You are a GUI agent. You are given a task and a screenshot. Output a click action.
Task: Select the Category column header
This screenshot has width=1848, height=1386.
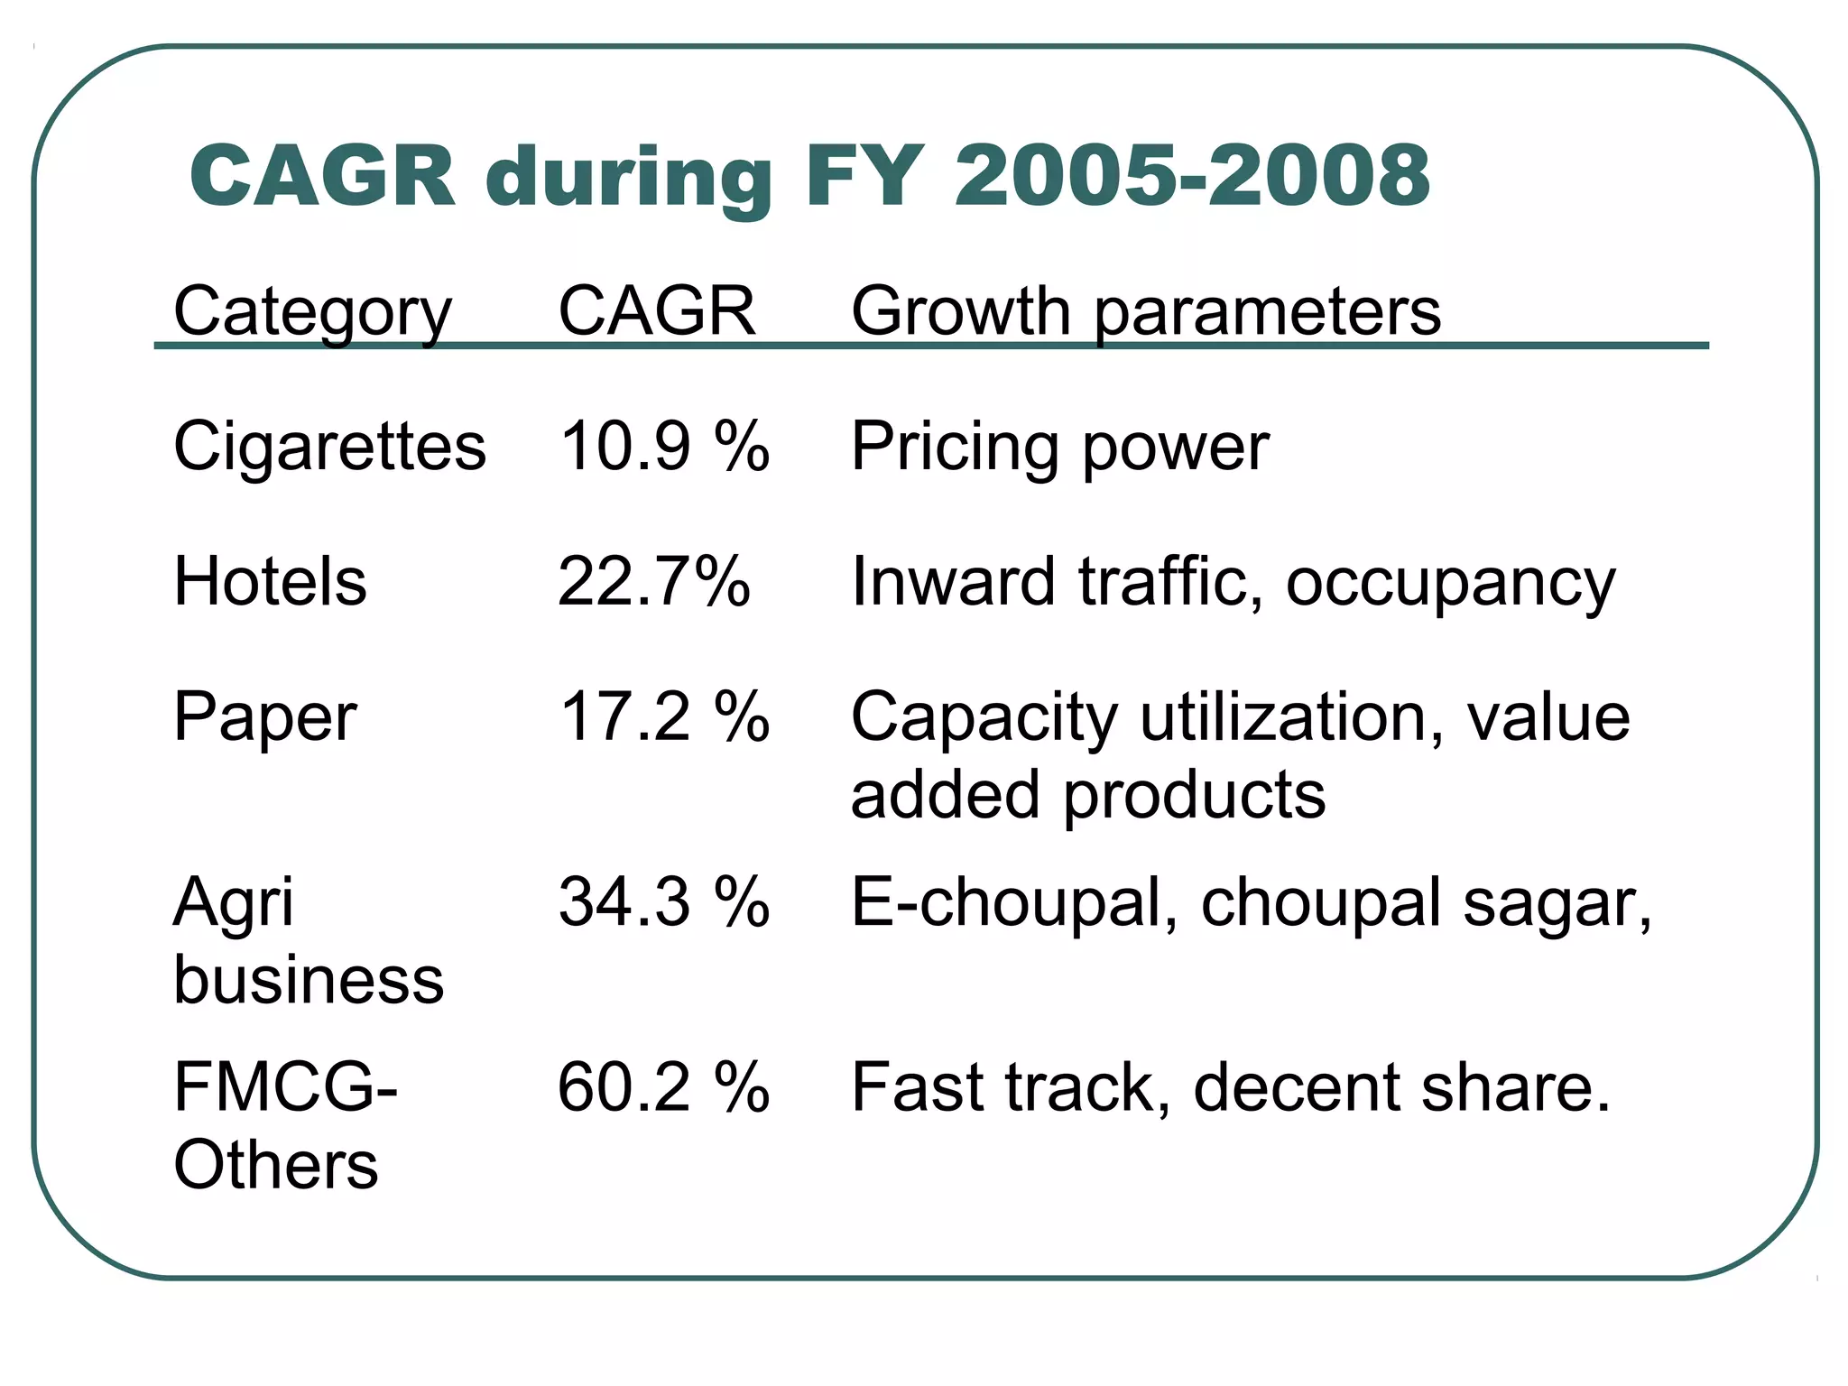(312, 312)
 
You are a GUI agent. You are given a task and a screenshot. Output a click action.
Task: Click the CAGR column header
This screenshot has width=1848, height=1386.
(656, 311)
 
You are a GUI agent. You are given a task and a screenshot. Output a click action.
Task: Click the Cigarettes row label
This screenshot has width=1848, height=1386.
(329, 446)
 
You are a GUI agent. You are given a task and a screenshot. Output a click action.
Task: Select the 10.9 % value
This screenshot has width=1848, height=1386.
(663, 446)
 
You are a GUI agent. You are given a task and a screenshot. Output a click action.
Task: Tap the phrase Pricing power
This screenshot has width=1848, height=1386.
(1059, 448)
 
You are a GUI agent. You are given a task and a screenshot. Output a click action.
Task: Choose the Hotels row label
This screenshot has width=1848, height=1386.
(270, 581)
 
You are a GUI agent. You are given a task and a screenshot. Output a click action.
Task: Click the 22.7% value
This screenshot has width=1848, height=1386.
(653, 581)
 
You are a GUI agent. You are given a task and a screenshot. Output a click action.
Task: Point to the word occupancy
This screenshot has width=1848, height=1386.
(1450, 585)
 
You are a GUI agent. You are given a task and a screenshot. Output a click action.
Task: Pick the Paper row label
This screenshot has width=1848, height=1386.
(264, 718)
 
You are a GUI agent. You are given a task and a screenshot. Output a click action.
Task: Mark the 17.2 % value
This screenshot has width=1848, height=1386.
(663, 716)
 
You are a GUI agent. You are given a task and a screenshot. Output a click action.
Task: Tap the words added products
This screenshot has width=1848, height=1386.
(1087, 795)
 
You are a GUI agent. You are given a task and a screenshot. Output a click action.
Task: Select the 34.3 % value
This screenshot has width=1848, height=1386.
(663, 901)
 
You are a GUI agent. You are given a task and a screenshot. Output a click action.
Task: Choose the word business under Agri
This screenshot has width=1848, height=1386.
(309, 980)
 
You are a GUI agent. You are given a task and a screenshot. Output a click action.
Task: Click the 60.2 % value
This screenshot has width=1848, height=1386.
(663, 1086)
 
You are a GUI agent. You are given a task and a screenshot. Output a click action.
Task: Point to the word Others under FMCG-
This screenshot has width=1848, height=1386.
(275, 1165)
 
